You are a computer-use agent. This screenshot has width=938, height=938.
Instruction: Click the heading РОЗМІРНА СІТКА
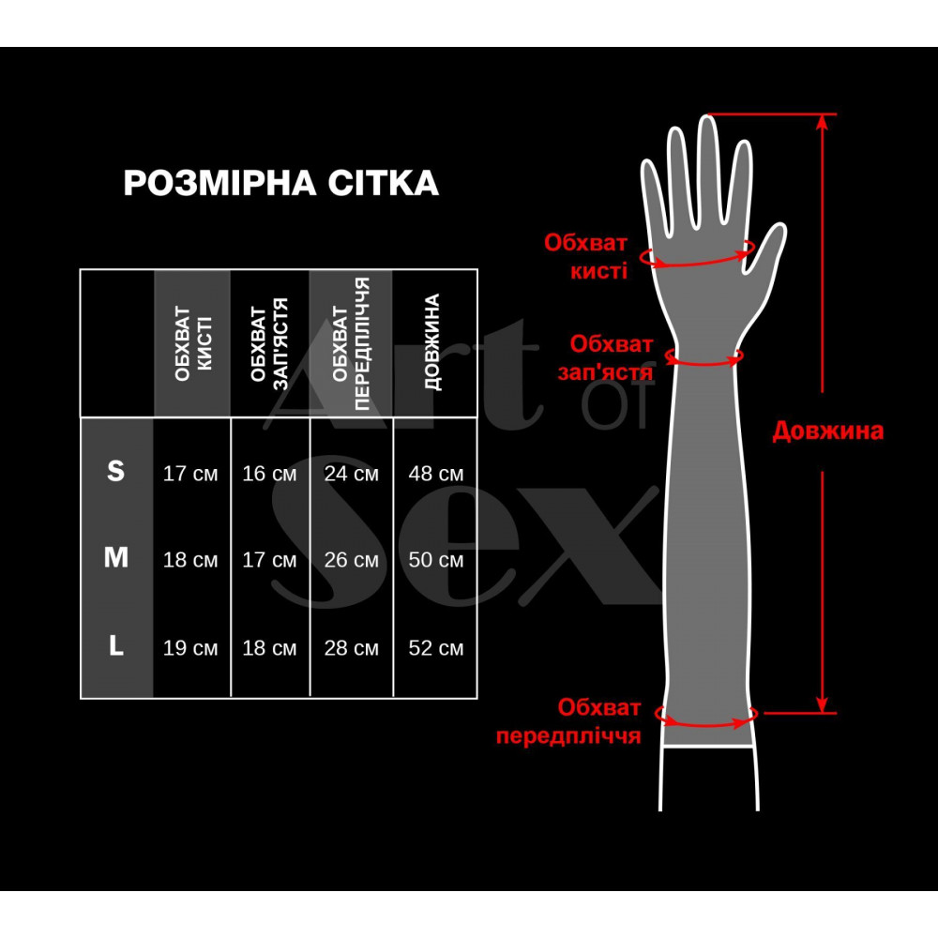tap(280, 183)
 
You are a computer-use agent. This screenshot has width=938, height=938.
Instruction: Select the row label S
tap(115, 472)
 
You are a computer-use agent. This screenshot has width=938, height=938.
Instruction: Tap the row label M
tap(115, 558)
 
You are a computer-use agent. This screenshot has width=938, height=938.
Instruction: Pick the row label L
tap(115, 646)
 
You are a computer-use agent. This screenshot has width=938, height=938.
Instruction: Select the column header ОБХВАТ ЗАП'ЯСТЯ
tap(270, 343)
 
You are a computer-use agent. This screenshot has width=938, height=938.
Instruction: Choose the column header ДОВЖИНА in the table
tap(432, 343)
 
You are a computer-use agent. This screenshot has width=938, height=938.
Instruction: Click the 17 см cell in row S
tap(190, 474)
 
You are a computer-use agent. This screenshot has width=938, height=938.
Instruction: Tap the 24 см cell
tap(351, 474)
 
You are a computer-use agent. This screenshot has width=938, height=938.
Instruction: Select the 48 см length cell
tap(436, 474)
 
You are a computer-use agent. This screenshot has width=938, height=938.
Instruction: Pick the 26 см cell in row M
tap(351, 560)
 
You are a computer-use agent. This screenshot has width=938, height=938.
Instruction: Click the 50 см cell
tap(436, 560)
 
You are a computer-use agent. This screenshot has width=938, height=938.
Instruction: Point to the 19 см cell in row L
tap(190, 648)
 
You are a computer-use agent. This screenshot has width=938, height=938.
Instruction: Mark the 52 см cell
tap(436, 648)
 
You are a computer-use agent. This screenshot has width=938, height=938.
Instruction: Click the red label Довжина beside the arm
tap(827, 431)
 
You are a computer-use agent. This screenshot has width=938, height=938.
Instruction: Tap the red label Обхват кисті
tap(585, 257)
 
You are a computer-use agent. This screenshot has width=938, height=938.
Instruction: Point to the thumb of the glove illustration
tap(768, 249)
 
